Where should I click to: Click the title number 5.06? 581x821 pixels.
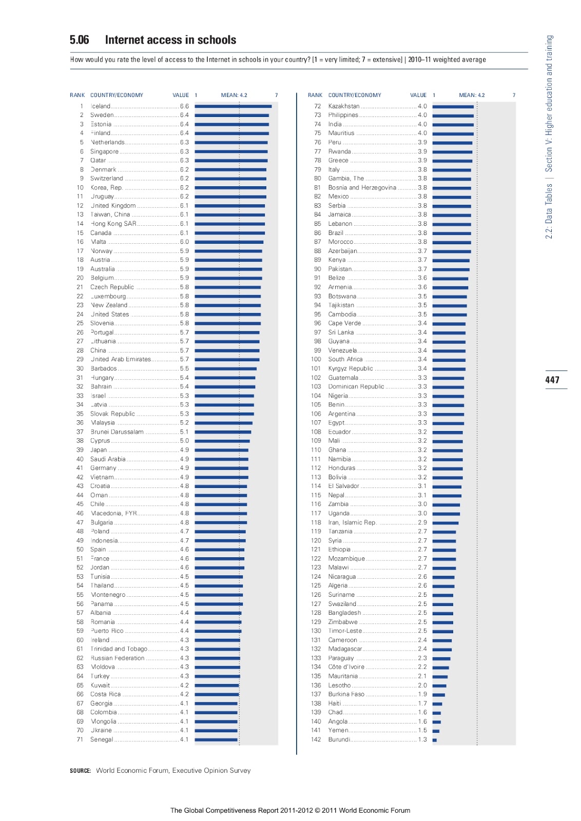(x=79, y=40)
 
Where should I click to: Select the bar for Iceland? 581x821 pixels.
(x=233, y=106)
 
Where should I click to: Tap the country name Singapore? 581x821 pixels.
(x=104, y=151)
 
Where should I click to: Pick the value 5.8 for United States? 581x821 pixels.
(x=184, y=314)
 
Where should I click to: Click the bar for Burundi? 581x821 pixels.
(x=434, y=740)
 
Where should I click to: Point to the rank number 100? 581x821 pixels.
(x=316, y=359)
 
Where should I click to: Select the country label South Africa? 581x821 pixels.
(x=345, y=359)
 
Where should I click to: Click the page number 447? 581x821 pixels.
(x=552, y=380)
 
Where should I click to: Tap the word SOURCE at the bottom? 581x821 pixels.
(x=81, y=771)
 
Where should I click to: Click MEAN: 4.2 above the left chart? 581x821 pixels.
(x=234, y=95)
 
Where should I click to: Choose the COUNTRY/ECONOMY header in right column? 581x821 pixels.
(x=355, y=95)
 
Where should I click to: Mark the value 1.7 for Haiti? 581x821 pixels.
(x=422, y=703)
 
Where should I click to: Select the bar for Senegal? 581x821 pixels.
(x=216, y=740)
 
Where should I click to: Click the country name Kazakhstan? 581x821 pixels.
(x=344, y=106)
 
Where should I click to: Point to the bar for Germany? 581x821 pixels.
(x=221, y=468)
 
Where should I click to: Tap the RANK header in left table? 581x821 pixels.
(x=78, y=95)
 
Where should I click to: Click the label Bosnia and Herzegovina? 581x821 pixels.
(x=362, y=188)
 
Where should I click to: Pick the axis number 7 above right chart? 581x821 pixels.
(x=514, y=95)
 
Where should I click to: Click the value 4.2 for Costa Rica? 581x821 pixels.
(x=184, y=694)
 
